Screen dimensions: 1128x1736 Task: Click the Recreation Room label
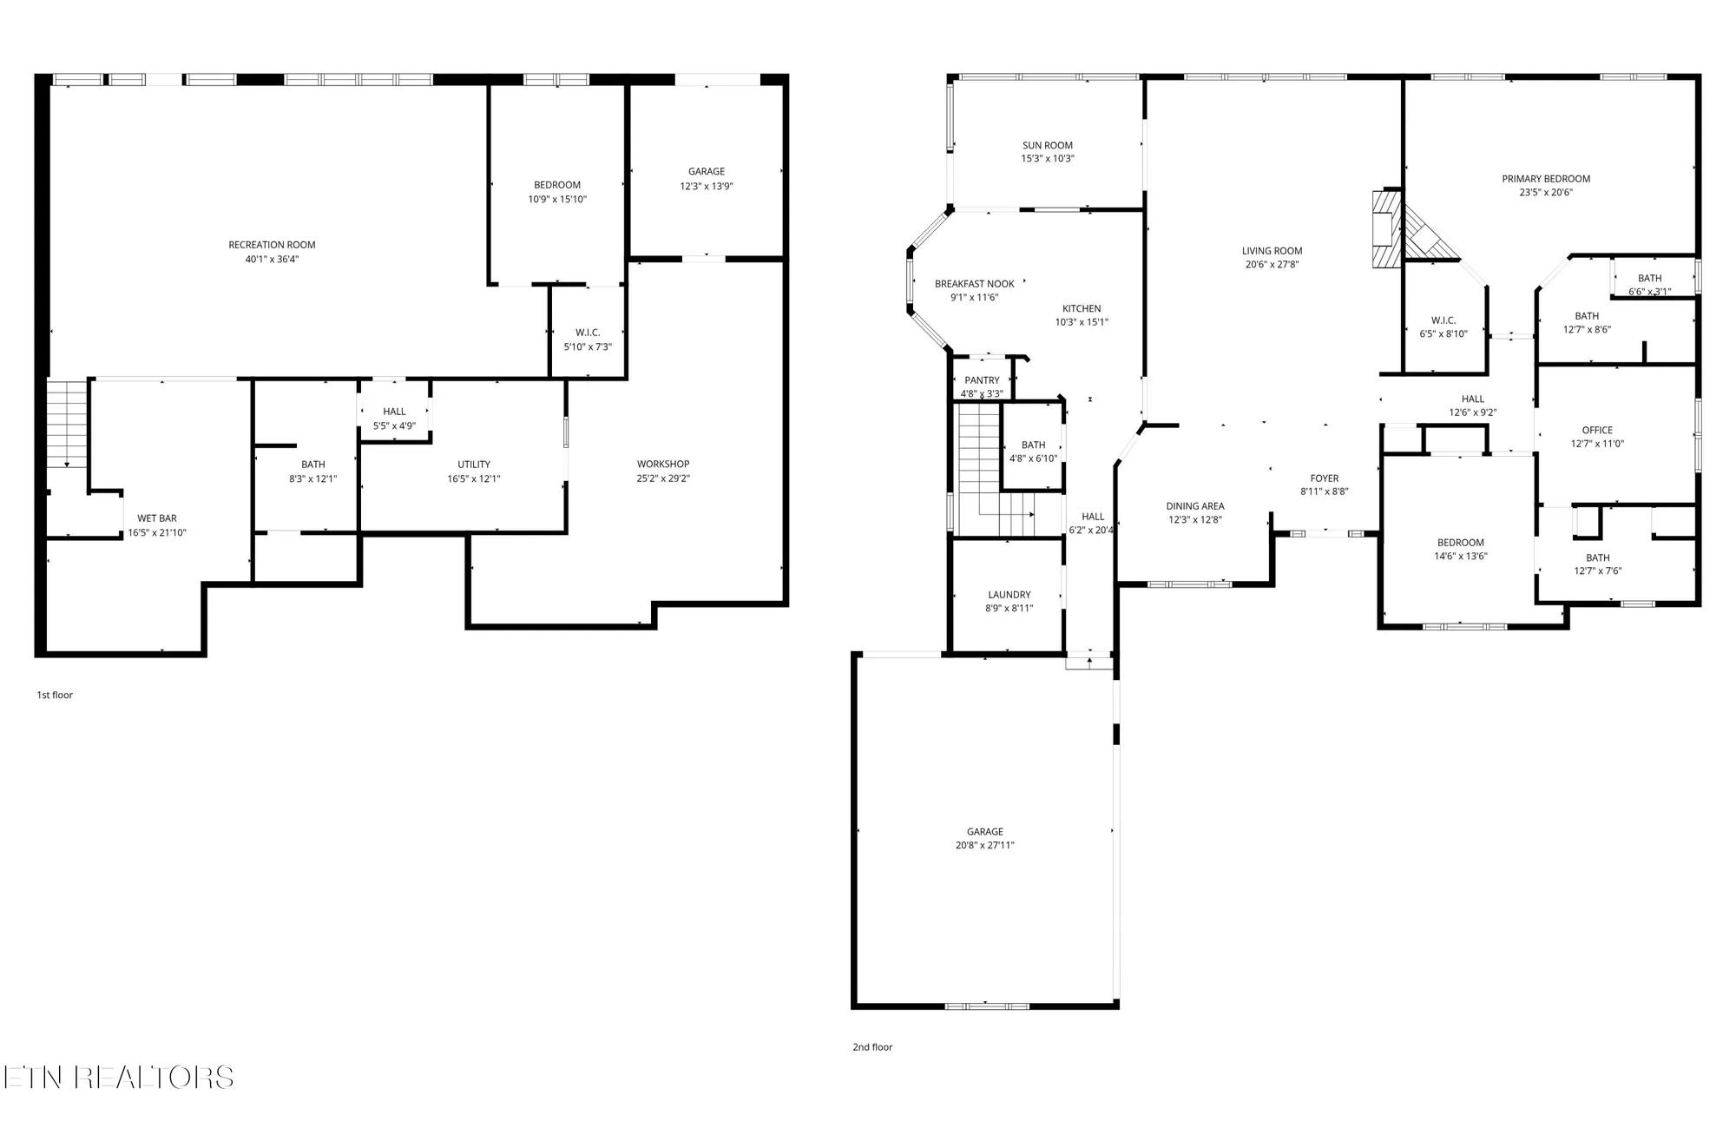pos(272,245)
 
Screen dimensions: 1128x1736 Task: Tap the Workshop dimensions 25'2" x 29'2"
pos(663,478)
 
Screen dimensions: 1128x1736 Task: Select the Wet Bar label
pos(157,518)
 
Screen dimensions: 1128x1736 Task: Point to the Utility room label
pos(474,465)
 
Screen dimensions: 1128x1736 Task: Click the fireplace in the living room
pos(1386,230)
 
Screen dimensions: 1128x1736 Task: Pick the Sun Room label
pos(1048,146)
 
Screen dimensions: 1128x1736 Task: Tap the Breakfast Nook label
pos(975,284)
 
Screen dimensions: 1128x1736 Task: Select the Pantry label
pos(982,380)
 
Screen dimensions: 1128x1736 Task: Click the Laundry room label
pos(1009,595)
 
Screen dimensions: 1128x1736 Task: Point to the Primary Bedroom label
pos(1546,179)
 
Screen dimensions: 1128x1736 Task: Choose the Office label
pos(1597,430)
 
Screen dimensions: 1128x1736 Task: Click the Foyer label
pos(1325,478)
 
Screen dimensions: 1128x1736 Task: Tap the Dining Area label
pos(1195,506)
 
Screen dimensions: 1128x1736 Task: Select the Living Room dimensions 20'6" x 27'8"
pos(1272,265)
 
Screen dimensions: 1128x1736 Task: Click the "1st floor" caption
pos(55,696)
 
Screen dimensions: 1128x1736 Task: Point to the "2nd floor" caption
pos(872,1047)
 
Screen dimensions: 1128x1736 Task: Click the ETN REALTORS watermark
pos(119,1078)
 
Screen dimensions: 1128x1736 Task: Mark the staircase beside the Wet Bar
pos(67,423)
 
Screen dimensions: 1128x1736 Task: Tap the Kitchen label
pos(1082,308)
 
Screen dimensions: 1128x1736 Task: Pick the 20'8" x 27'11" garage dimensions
pos(985,845)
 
